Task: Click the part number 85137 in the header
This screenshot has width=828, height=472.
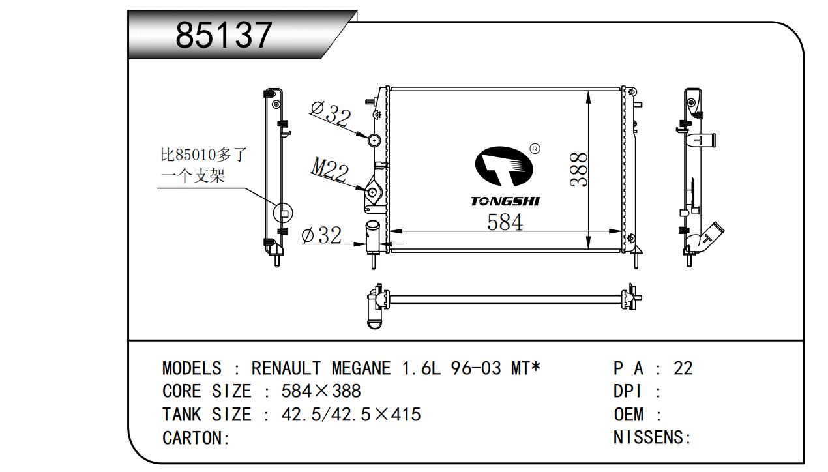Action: coord(224,35)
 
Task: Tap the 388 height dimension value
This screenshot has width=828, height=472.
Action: coord(579,170)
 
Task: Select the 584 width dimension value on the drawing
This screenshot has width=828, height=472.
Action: coord(505,222)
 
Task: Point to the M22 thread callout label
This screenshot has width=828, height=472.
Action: coord(329,170)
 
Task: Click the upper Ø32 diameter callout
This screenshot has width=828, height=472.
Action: coord(331,113)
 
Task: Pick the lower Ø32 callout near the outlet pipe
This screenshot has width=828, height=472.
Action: coord(321,235)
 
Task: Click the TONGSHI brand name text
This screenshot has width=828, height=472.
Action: coord(505,201)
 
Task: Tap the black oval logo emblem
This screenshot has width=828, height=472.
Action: coord(504,166)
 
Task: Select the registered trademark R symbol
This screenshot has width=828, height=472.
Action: coord(535,149)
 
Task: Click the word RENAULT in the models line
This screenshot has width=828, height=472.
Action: coord(286,368)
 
